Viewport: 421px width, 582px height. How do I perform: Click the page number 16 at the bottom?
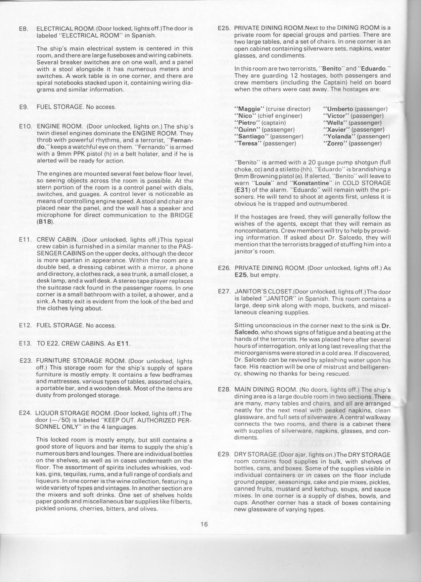[x=204, y=524]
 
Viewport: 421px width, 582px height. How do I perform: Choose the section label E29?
[x=224, y=454]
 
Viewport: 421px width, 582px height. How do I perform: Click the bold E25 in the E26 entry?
[x=241, y=275]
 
